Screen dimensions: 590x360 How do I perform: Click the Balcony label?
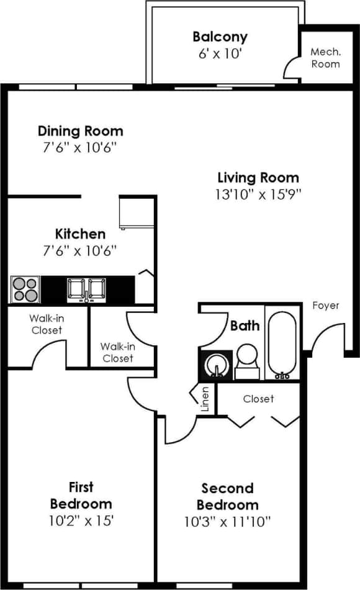pos(220,37)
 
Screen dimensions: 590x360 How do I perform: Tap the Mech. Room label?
pos(325,58)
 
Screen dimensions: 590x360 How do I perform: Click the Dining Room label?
pos(80,131)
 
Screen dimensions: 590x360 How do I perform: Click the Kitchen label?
pos(80,234)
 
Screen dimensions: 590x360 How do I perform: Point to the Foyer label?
pos(325,306)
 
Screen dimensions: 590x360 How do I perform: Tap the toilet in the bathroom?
pos(246,360)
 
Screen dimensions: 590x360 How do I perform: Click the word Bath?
pos(245,325)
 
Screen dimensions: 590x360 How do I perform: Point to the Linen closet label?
pos(205,398)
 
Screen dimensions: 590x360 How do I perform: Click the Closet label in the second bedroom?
pos(259,399)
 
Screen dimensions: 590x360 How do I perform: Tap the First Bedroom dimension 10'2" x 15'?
pos(81,520)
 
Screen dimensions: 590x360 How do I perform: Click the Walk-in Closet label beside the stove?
pos(47,324)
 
